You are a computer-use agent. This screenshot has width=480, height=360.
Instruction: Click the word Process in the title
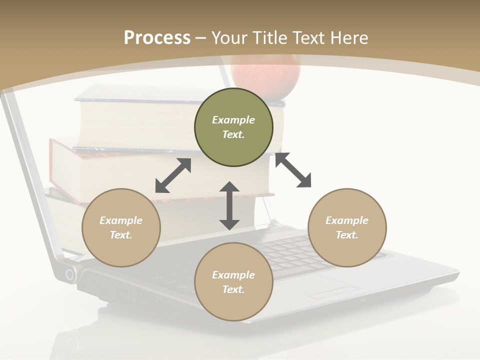[157, 38]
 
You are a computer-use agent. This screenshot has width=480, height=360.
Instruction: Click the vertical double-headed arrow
[229, 205]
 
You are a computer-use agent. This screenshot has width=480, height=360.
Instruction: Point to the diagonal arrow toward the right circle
[293, 170]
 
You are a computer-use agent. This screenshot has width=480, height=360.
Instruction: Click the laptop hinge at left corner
[70, 274]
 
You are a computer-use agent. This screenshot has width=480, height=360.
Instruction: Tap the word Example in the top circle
[233, 120]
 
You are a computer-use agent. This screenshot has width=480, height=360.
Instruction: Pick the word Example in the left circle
[121, 220]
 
